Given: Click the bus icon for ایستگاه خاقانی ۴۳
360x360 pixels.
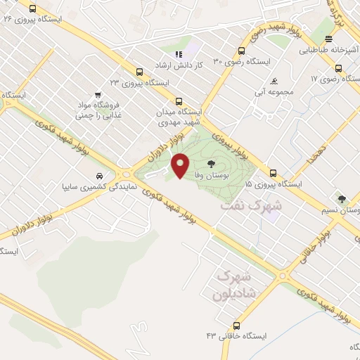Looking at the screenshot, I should pyautogui.click(x=236, y=326).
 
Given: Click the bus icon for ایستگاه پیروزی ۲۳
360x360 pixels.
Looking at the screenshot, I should pyautogui.click(x=139, y=72).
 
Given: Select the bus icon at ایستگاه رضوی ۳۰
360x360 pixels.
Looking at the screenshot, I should pyautogui.click(x=241, y=51).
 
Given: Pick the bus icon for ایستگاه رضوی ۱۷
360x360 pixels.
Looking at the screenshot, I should pyautogui.click(x=339, y=69).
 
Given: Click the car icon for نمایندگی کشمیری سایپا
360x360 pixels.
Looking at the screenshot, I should pyautogui.click(x=98, y=176).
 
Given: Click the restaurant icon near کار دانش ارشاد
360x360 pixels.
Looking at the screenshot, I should pyautogui.click(x=179, y=53).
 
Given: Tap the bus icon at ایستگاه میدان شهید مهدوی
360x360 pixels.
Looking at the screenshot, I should pyautogui.click(x=179, y=101).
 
